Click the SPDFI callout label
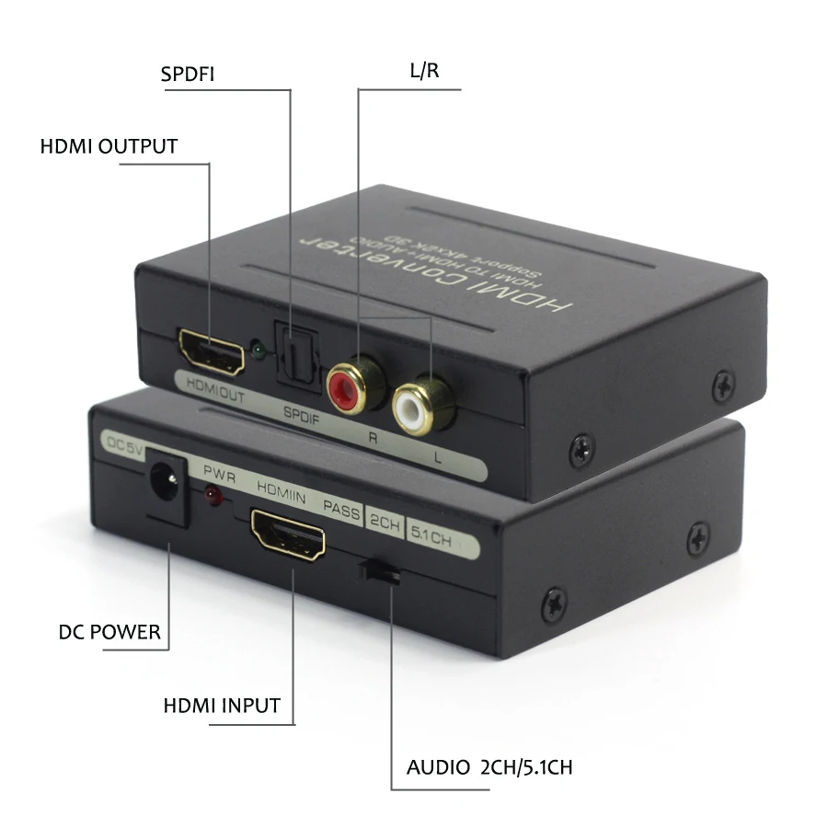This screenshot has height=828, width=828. [x=187, y=74]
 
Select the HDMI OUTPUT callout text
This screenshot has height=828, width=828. [x=109, y=146]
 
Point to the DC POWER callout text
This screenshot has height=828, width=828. [x=109, y=632]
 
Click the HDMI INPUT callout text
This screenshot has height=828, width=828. [x=222, y=706]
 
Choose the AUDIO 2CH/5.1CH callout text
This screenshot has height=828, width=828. [x=489, y=767]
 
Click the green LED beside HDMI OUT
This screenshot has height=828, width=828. [x=259, y=351]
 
